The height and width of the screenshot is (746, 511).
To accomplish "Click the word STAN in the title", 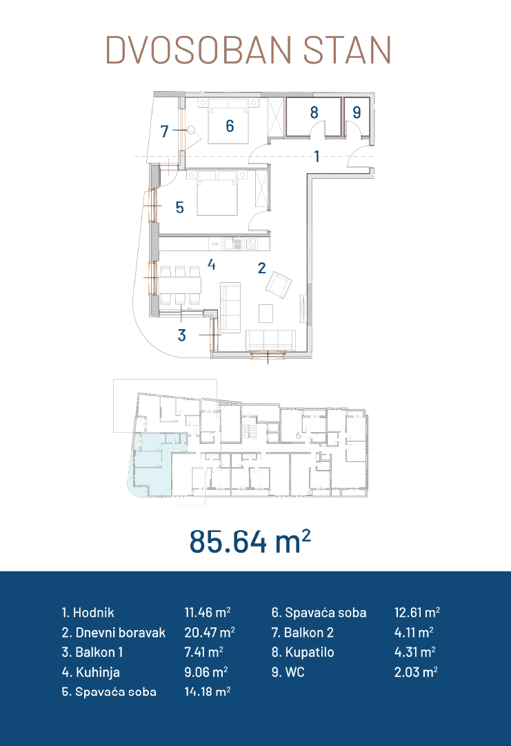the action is tap(348, 50).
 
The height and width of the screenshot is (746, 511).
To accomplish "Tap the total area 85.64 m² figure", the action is tap(250, 542).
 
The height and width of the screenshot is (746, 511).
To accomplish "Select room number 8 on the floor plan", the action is tap(314, 112).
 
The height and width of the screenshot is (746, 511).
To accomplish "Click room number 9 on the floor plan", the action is tap(357, 112).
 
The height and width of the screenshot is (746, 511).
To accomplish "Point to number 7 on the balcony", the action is tap(164, 131).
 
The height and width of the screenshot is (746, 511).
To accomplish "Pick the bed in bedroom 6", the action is tap(229, 121).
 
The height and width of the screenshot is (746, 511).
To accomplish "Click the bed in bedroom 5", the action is tap(217, 194).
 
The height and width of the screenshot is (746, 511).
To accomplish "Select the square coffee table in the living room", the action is tap(265, 313).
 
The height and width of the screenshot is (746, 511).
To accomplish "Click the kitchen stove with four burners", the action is tap(250, 244).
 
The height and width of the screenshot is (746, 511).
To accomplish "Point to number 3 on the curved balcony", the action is tap(181, 335).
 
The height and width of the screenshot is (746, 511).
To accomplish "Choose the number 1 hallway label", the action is tap(317, 156).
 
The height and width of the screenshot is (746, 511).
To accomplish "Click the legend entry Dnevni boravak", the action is tap(114, 632).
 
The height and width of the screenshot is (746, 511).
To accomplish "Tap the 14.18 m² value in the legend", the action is tap(208, 691).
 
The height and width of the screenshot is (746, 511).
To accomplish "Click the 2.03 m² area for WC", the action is tap(416, 671).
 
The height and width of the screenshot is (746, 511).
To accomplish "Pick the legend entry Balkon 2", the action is tap(303, 632).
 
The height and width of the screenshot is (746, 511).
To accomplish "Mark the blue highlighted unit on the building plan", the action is tap(150, 464).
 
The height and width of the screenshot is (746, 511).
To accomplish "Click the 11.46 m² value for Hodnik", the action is tap(208, 612).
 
